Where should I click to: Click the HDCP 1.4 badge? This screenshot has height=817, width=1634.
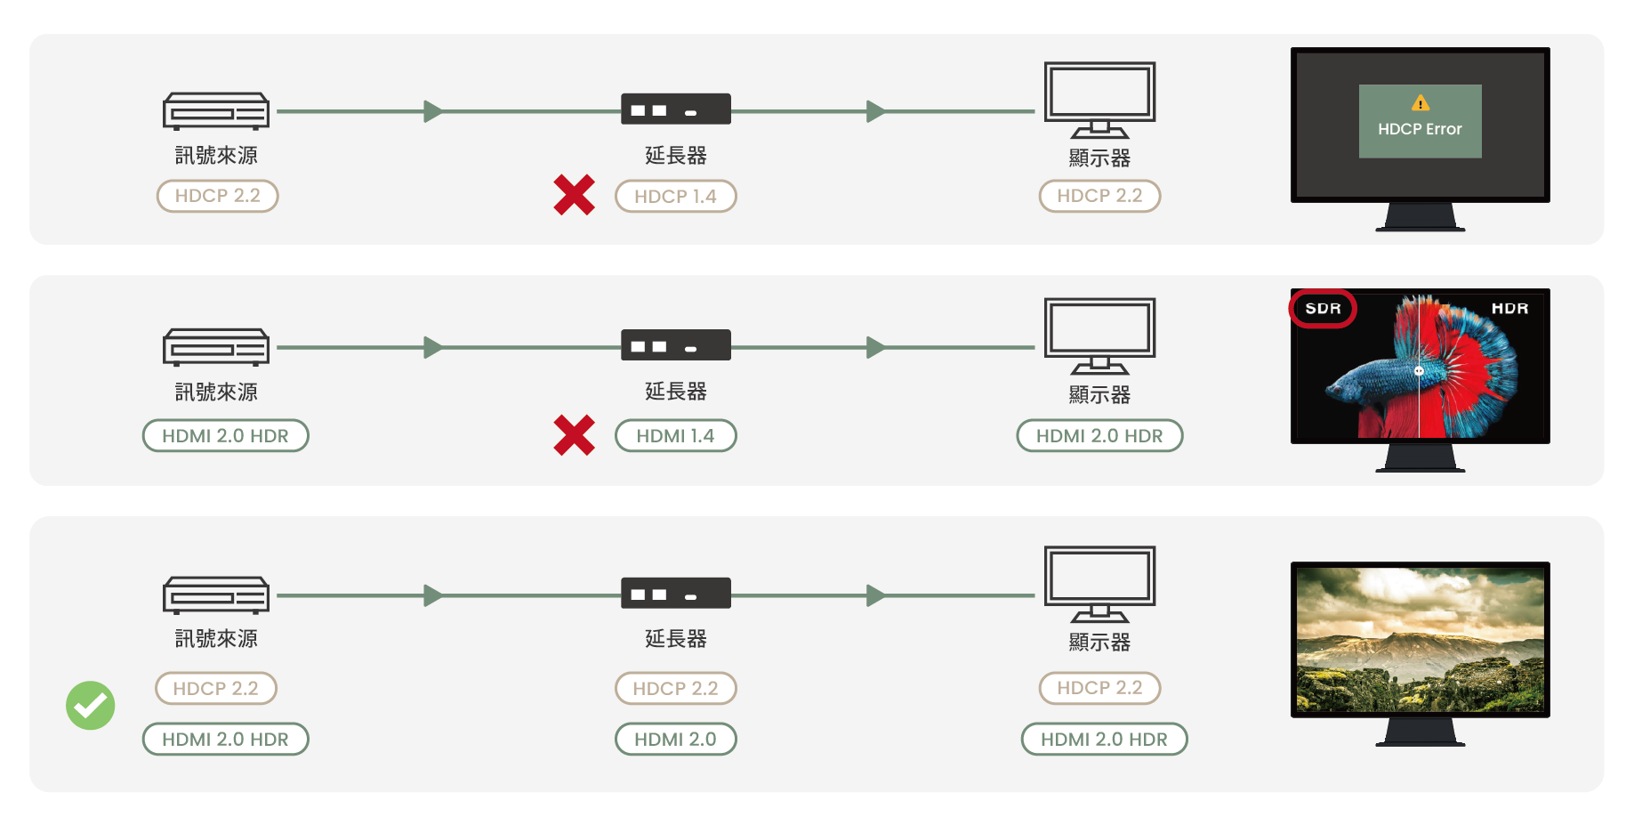tap(675, 197)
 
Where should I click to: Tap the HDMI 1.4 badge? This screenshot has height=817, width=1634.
tap(675, 436)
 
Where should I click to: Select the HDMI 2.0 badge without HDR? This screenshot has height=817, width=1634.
tap(675, 740)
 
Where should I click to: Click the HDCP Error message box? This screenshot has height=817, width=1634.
tap(1420, 122)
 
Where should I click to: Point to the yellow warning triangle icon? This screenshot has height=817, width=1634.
tap(1421, 103)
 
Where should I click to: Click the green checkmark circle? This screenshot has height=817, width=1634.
tap(91, 706)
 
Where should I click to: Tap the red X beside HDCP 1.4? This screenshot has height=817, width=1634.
tap(574, 195)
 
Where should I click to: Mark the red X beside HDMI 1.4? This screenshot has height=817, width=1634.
tap(574, 435)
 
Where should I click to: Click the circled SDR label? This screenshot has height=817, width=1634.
tap(1323, 309)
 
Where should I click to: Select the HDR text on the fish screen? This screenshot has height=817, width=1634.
tap(1509, 309)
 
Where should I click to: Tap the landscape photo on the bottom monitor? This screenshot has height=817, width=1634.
tap(1420, 640)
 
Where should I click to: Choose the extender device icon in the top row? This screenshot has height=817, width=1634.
tap(675, 109)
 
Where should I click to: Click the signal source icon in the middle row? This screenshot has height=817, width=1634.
tap(216, 347)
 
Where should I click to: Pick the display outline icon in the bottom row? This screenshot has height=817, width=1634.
tap(1099, 584)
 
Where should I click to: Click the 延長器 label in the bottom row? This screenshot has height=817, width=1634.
tap(675, 639)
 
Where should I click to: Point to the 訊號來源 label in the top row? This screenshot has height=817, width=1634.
tap(216, 156)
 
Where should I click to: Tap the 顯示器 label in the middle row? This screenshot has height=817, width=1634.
tap(1099, 394)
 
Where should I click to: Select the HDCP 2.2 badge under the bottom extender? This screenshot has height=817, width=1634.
tap(675, 689)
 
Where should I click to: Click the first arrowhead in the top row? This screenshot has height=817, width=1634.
tap(433, 111)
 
